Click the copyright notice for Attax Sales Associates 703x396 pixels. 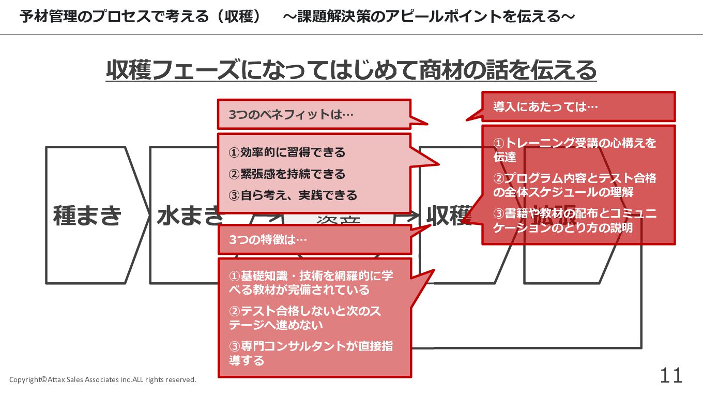point(103,380)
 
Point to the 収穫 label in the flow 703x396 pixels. point(448,215)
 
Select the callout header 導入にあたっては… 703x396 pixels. point(545,107)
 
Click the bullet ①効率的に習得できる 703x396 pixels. point(287,153)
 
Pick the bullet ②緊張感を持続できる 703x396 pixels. point(287,174)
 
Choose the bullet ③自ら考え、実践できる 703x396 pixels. point(293,195)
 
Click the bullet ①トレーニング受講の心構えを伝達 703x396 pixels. point(574,149)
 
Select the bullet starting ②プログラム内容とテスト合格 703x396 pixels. point(574,185)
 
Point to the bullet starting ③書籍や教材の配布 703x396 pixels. point(574,220)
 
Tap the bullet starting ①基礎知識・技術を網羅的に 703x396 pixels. point(311,283)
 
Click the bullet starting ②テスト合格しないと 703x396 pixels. point(305,318)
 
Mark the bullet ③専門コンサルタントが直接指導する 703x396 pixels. point(311,353)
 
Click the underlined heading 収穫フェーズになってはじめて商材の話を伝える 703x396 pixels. point(351,70)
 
